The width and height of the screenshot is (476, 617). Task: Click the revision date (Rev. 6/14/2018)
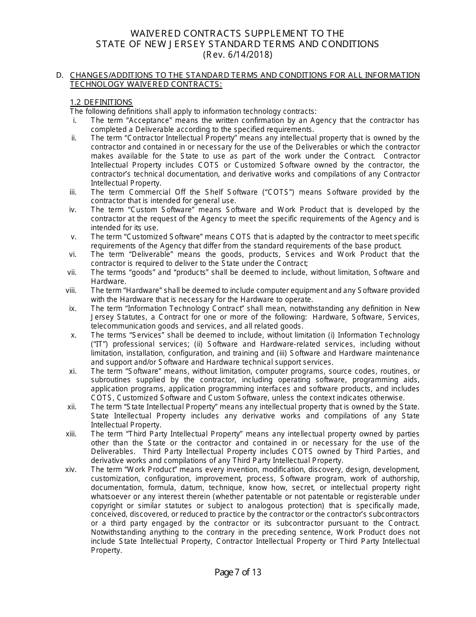point(237,55)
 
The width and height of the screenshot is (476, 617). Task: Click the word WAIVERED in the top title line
point(158,33)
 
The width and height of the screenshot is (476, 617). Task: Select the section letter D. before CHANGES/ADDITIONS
point(60,75)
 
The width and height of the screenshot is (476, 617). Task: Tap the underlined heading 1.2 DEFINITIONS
point(101,102)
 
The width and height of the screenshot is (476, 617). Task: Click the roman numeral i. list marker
point(75,120)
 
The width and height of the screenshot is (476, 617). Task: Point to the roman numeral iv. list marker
point(73,210)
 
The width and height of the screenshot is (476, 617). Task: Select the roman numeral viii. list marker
point(71,290)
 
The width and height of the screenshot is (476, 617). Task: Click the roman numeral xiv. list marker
point(71,470)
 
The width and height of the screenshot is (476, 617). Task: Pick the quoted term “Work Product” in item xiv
point(153,470)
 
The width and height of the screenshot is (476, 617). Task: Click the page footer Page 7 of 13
point(237,572)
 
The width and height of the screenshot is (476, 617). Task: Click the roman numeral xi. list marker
point(73,371)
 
